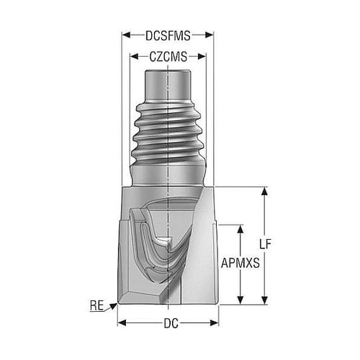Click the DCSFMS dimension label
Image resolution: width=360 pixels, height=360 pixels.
[x=168, y=36]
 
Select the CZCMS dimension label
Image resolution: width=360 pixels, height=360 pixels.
[x=168, y=57]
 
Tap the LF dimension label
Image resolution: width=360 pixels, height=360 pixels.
[x=265, y=244]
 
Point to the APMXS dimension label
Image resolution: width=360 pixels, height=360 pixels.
[x=240, y=263]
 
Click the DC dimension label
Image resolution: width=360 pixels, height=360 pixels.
[x=171, y=323]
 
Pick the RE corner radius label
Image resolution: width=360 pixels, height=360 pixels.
[x=96, y=305]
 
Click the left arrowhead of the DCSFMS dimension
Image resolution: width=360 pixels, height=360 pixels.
[x=126, y=35]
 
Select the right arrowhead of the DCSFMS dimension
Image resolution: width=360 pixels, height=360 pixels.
[x=209, y=35]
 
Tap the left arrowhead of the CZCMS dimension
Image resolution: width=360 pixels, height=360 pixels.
[x=134, y=57]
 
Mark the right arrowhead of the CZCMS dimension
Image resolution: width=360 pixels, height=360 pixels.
[x=202, y=57]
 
